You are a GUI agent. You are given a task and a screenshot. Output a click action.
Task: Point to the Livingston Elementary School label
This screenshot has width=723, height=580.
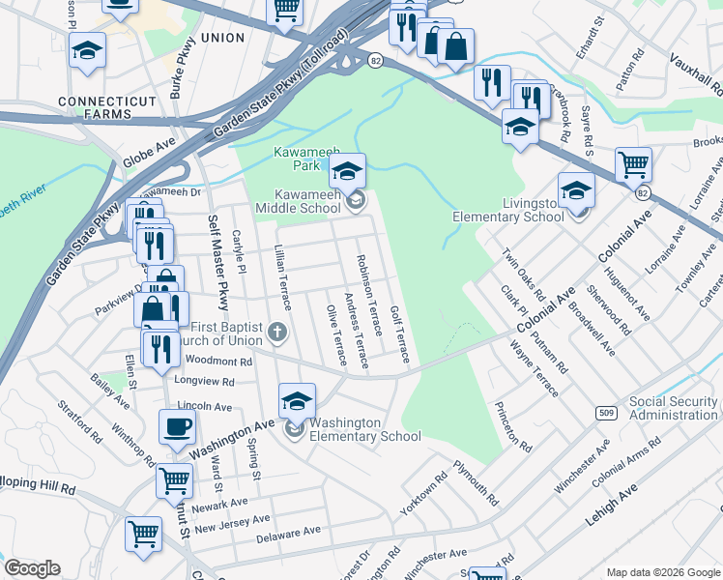[x=533, y=210]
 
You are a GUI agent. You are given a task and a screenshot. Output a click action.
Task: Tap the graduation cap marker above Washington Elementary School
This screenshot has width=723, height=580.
[x=298, y=401]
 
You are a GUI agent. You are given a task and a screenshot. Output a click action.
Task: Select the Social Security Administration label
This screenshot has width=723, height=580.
[x=675, y=408]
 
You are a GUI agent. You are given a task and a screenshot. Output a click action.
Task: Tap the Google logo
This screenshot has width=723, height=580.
[x=32, y=567]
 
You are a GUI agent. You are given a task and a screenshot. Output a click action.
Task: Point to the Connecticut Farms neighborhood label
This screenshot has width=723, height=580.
[x=106, y=101]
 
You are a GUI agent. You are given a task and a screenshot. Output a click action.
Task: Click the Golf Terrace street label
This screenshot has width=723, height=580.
[x=400, y=334]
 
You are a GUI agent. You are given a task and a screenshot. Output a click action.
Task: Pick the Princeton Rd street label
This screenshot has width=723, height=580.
[x=512, y=427]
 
